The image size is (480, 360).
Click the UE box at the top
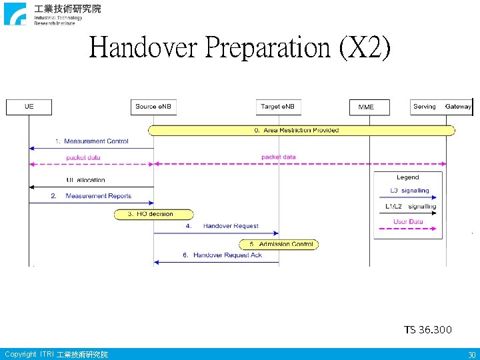click(29, 107)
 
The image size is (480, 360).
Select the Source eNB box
click(154, 107)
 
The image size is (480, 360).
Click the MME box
click(369, 107)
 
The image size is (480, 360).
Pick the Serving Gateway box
click(441, 107)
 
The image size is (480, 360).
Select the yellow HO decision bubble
click(154, 214)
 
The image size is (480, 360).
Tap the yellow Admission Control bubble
click(279, 245)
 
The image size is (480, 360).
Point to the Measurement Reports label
click(98, 196)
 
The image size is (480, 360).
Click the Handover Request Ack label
click(227, 255)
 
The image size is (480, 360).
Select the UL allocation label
click(86, 180)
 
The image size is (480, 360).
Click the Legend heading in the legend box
click(407, 177)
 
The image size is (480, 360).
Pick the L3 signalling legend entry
click(409, 191)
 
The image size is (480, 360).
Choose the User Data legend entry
click(408, 221)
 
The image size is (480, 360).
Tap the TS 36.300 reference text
click(427, 329)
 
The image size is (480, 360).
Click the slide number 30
click(471, 355)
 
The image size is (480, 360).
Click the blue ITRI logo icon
click(15, 14)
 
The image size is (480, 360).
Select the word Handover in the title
click(144, 47)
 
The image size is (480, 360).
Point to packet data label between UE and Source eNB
click(83, 157)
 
